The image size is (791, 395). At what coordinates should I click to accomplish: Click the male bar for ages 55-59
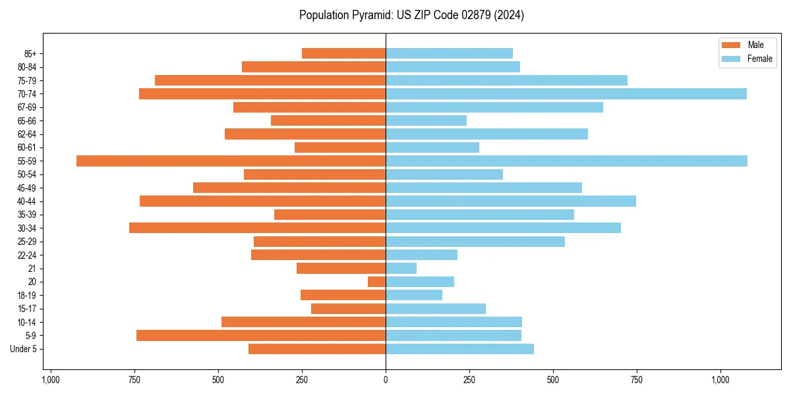(231, 161)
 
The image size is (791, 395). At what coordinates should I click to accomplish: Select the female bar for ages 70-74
(566, 93)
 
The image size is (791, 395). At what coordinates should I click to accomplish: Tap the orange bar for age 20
(376, 282)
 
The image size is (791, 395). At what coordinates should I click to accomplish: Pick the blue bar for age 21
(401, 268)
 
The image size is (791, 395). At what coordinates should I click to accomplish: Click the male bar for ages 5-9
(261, 335)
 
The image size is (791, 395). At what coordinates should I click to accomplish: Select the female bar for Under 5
(459, 349)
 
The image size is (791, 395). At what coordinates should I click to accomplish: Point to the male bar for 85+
(343, 53)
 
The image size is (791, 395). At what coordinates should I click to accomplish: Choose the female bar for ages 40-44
(511, 201)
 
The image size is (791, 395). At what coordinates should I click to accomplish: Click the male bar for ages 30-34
(257, 228)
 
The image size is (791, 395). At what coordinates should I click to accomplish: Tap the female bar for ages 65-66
(426, 120)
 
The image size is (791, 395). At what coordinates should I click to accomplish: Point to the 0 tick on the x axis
(386, 380)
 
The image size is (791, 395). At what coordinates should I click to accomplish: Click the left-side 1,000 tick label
(51, 380)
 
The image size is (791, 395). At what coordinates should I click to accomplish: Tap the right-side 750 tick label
(637, 380)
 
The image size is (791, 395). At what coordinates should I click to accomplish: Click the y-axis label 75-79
(27, 80)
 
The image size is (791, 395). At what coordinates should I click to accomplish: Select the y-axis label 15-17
(27, 309)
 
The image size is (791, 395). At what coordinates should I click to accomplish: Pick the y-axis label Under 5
(24, 349)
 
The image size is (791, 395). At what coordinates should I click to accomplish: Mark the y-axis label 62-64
(27, 134)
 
